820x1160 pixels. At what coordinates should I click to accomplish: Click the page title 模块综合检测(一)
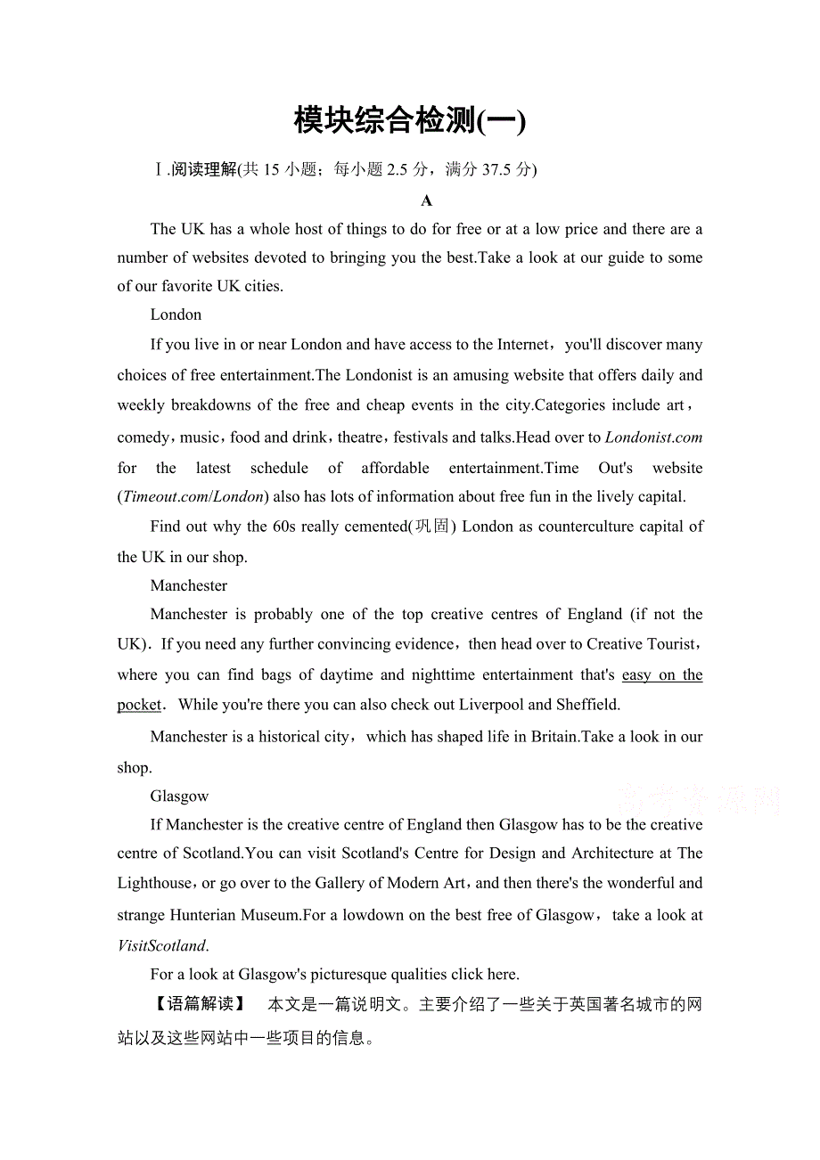[410, 120]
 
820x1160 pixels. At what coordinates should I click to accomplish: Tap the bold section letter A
[427, 200]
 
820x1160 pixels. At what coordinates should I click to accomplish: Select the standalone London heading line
[176, 315]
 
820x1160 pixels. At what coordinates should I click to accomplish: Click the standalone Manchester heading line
[188, 585]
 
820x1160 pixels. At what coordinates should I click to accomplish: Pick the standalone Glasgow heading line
[179, 796]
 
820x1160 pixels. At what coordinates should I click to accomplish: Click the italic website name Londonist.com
[653, 437]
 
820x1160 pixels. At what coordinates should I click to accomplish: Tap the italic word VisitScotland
[161, 945]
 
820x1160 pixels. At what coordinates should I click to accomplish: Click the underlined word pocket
[139, 704]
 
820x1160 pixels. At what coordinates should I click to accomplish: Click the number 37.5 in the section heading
[497, 169]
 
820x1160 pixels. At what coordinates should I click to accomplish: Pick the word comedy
[143, 437]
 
